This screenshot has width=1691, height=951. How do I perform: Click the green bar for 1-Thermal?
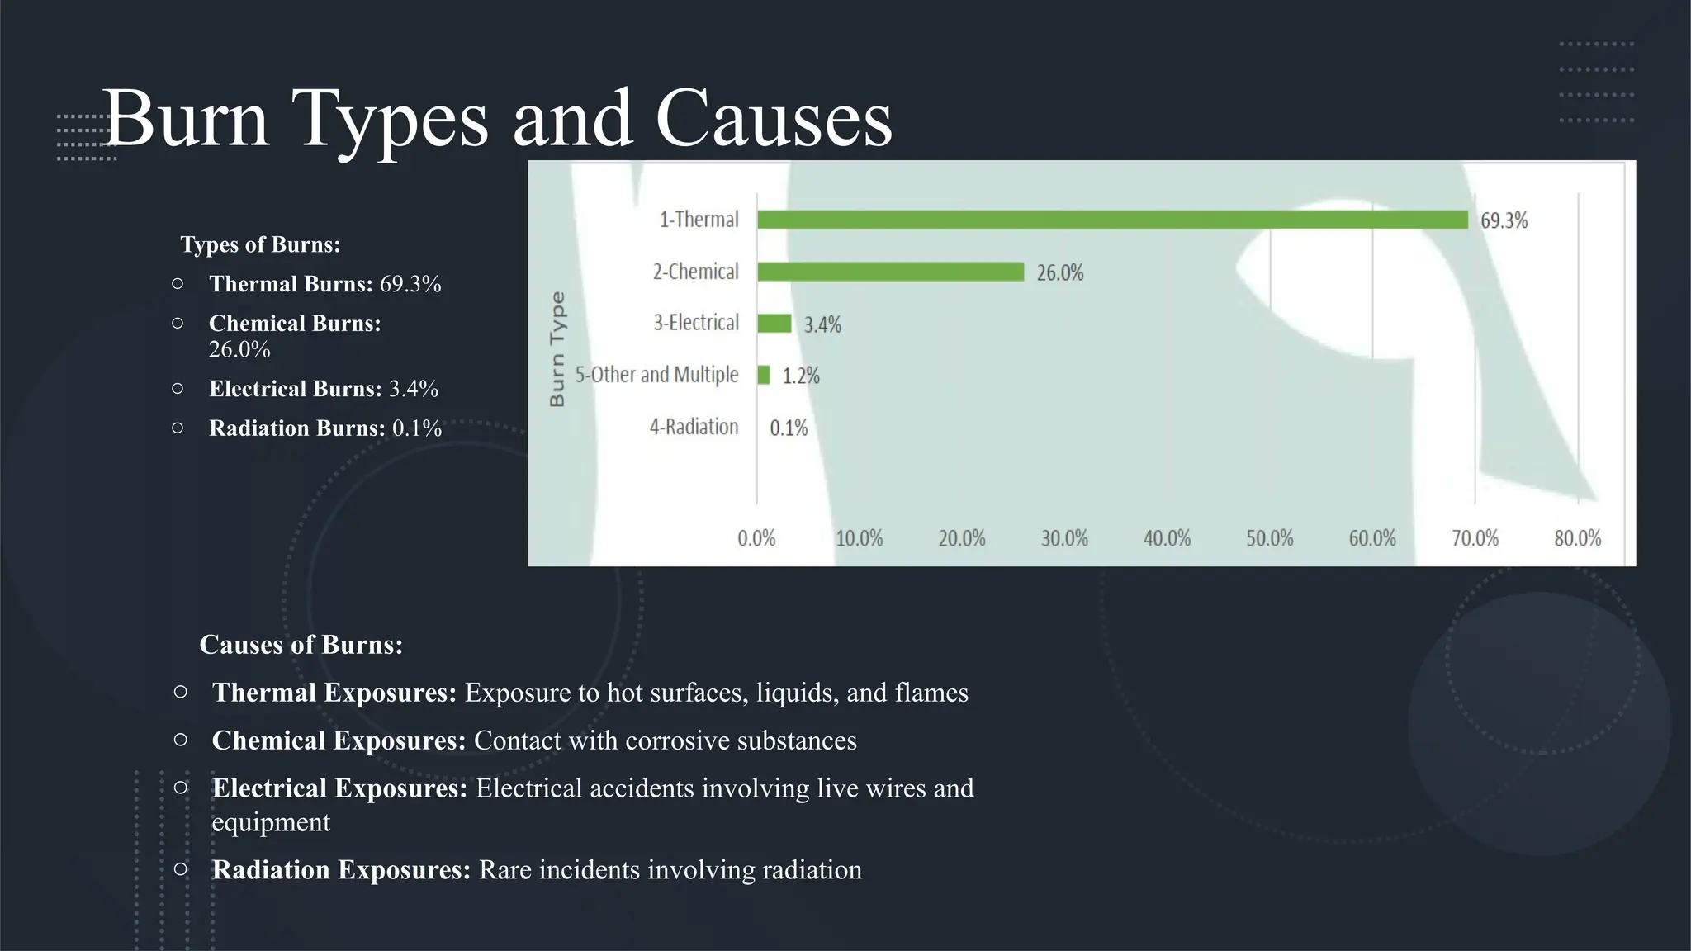[x=1112, y=220]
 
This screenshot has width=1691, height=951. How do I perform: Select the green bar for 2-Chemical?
[x=890, y=272]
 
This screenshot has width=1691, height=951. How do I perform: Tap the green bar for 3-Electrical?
[x=774, y=324]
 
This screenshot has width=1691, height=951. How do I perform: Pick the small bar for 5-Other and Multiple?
[x=764, y=376]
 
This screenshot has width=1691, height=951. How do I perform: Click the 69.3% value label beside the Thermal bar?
[x=1504, y=221]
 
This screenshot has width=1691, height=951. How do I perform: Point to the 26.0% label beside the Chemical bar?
[x=1060, y=273]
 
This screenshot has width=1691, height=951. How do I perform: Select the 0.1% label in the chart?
[x=789, y=428]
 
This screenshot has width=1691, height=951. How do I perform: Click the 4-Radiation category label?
[x=694, y=427]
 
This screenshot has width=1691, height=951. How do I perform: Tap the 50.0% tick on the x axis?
[x=1270, y=539]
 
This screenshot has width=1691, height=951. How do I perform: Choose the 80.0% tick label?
[x=1577, y=539]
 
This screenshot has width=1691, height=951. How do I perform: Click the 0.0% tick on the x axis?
[x=756, y=539]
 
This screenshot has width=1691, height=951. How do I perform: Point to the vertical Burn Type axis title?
[x=557, y=348]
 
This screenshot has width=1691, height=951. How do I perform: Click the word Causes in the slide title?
[x=774, y=120]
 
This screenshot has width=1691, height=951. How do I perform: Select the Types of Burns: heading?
[x=260, y=244]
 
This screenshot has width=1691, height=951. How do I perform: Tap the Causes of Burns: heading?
[x=301, y=645]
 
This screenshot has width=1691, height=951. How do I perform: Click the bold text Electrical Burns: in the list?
[x=296, y=389]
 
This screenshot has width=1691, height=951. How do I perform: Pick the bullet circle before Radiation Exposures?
[x=181, y=868]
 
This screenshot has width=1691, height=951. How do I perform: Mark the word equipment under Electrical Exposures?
[x=271, y=822]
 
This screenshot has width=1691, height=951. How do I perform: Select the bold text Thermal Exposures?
[x=334, y=693]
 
